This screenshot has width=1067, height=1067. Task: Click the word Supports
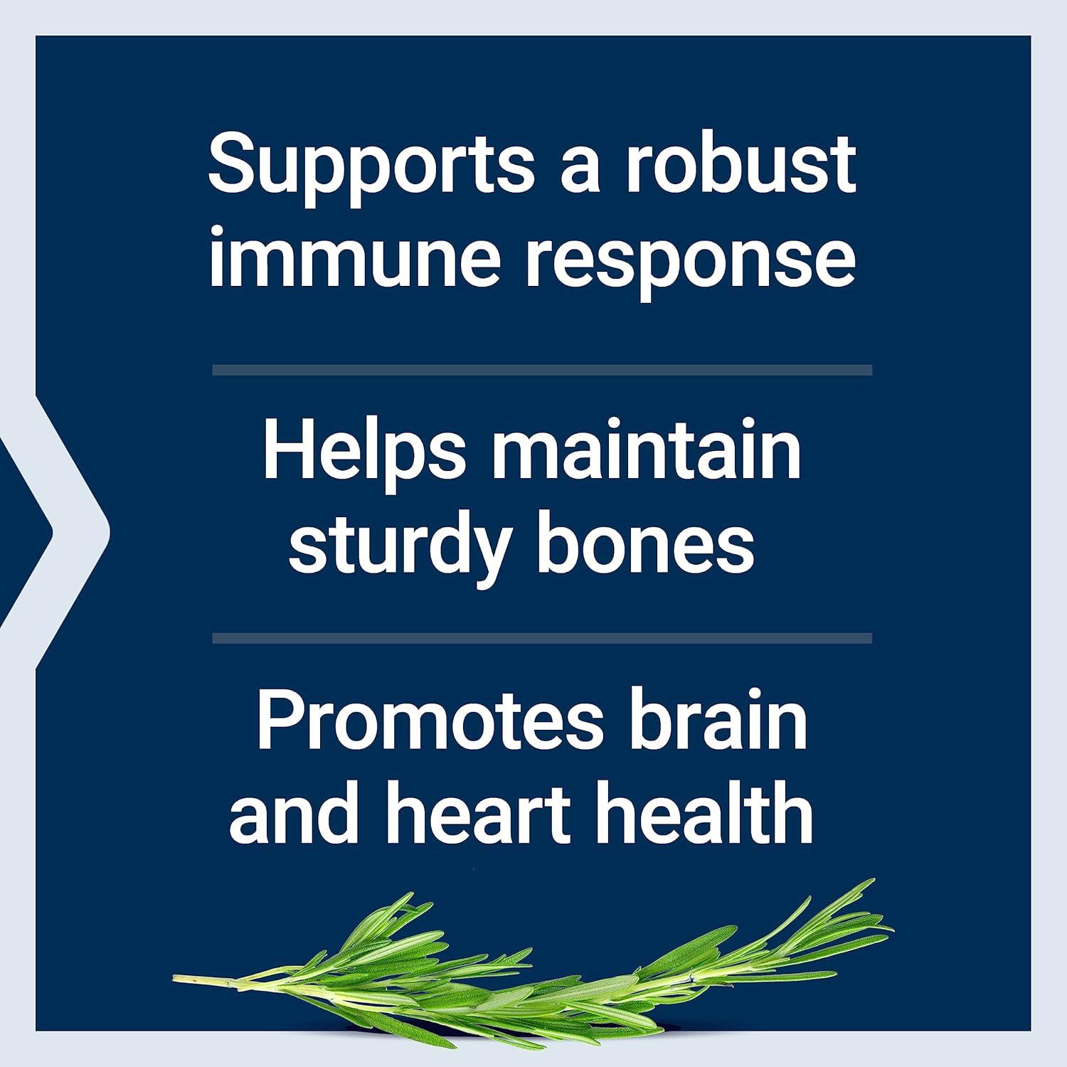371,167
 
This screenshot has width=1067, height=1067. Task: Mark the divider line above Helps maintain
542,370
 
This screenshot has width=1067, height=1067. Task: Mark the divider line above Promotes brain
542,638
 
